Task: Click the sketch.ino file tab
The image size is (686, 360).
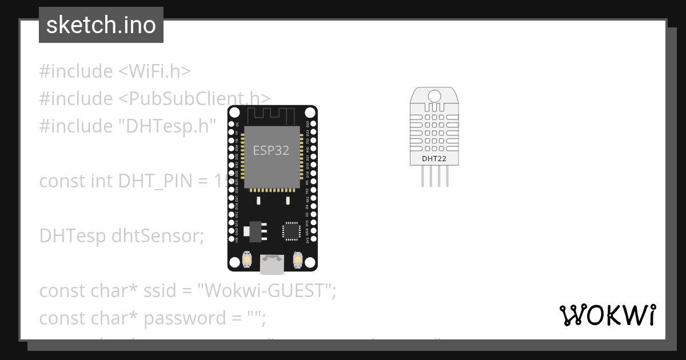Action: (x=101, y=25)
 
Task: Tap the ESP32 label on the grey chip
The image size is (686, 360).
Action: (x=271, y=151)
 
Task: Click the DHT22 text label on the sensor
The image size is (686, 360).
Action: (x=434, y=158)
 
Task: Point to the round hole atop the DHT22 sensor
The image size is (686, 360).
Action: (x=434, y=95)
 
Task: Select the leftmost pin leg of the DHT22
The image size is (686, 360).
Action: (x=423, y=177)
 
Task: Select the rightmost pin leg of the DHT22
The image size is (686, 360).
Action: (x=447, y=177)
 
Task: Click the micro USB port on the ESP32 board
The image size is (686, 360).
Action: (x=272, y=263)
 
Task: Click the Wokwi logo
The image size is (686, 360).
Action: (x=607, y=315)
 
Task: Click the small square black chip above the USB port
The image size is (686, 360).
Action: (x=290, y=231)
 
